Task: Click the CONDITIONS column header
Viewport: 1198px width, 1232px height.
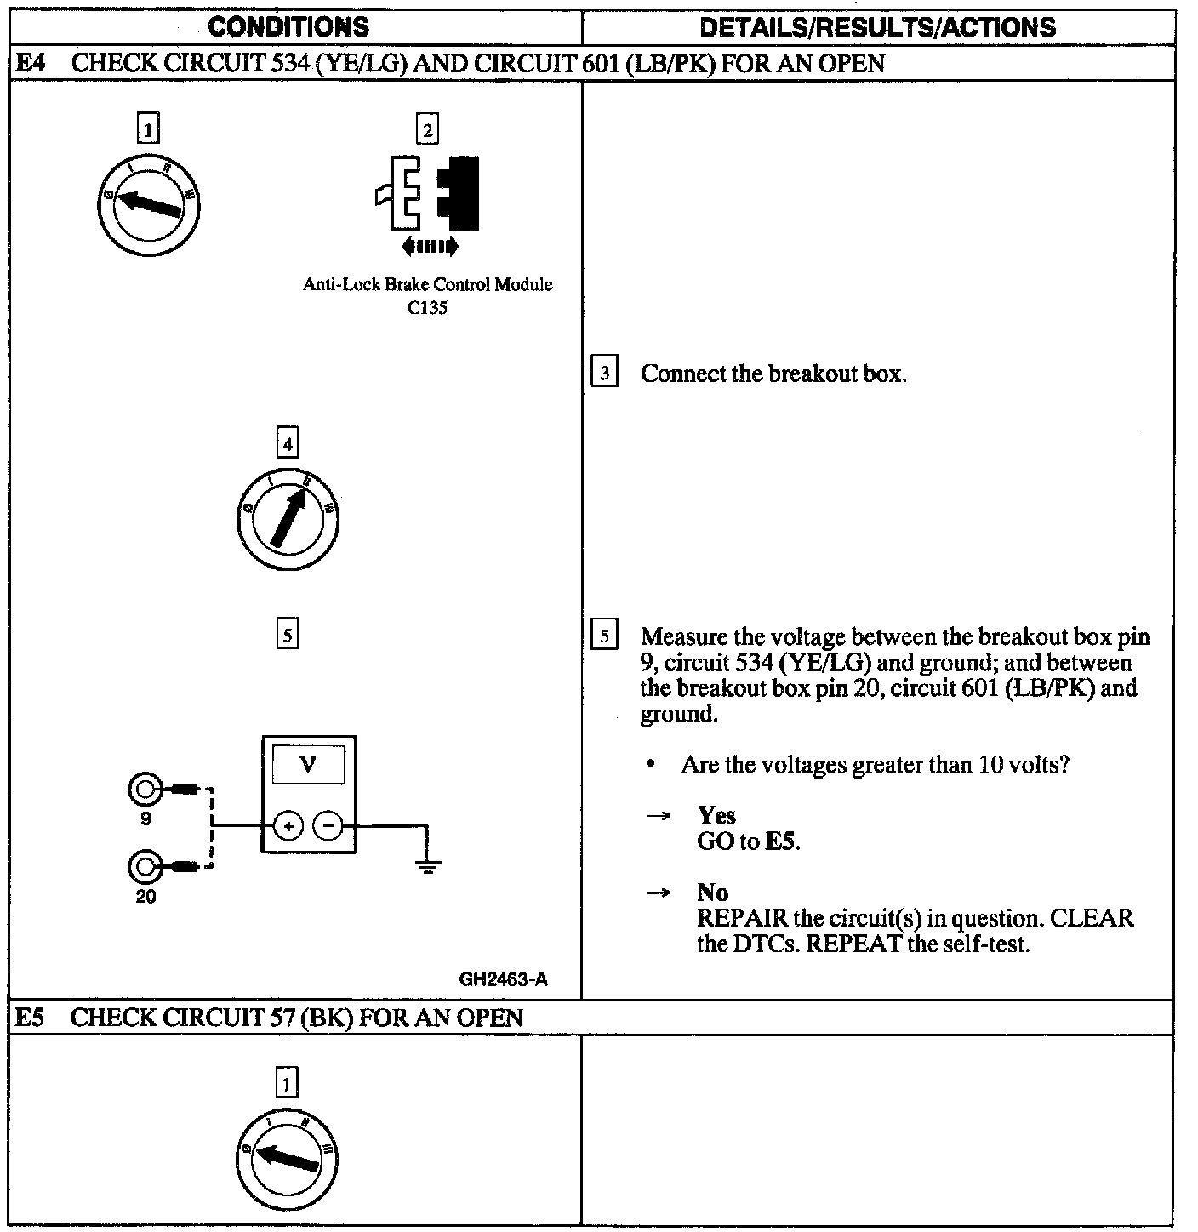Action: click(x=288, y=27)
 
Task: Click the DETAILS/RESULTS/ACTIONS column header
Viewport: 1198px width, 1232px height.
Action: click(x=877, y=27)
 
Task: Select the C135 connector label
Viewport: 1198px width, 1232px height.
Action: click(x=427, y=308)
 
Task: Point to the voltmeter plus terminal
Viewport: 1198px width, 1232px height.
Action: click(x=288, y=826)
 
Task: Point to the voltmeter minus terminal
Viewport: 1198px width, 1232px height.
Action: click(x=328, y=826)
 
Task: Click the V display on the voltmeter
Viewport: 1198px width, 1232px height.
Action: click(x=308, y=765)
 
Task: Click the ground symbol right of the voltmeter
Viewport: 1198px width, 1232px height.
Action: click(x=427, y=865)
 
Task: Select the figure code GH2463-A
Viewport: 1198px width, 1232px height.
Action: click(x=503, y=979)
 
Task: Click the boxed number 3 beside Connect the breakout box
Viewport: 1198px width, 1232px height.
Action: click(x=604, y=374)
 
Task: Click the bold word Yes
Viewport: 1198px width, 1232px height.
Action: click(x=716, y=816)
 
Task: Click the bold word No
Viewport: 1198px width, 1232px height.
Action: click(x=712, y=893)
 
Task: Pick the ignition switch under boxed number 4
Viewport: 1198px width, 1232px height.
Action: click(x=288, y=517)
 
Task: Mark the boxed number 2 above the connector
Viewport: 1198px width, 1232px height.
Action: click(x=427, y=130)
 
